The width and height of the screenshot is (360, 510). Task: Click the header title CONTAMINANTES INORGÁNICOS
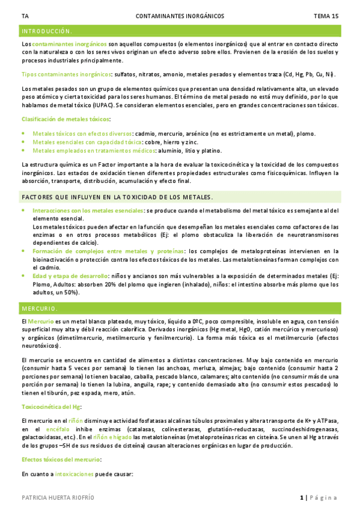[x=180, y=16]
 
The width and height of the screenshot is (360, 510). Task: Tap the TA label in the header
[x=24, y=16]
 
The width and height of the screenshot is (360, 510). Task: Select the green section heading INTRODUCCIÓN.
[x=47, y=31]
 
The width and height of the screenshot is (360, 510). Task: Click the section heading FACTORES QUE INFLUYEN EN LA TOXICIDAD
[x=117, y=197]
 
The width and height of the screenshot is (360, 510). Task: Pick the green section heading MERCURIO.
[x=39, y=309]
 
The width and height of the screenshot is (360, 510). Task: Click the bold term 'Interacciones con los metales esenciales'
[x=88, y=210]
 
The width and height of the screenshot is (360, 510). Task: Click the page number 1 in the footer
[x=301, y=497]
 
